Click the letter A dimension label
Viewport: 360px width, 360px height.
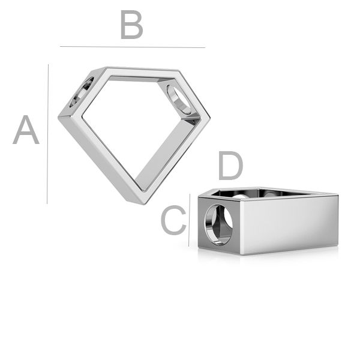click(x=26, y=130)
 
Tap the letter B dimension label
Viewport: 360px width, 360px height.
click(x=132, y=25)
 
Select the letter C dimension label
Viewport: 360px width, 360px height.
click(x=173, y=220)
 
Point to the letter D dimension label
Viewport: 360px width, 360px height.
click(x=230, y=166)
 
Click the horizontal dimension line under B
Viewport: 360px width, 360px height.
click(x=133, y=47)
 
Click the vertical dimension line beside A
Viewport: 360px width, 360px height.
click(x=48, y=134)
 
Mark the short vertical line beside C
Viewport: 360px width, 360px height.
click(x=190, y=220)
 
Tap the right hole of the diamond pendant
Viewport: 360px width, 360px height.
click(x=179, y=99)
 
